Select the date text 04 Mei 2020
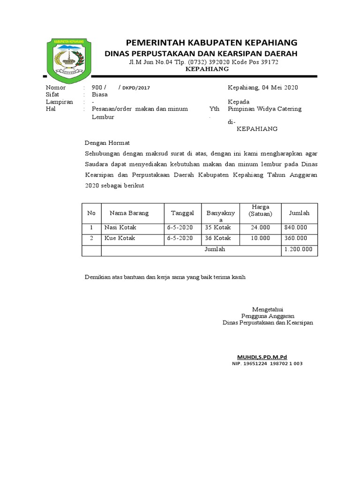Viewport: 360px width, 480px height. (x=280, y=87)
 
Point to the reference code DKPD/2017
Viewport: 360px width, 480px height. (x=136, y=88)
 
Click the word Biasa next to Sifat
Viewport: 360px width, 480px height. (x=100, y=94)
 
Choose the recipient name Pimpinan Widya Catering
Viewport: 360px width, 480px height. (x=264, y=109)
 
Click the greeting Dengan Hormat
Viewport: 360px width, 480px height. (x=107, y=142)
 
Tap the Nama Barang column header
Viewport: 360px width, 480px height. (x=129, y=213)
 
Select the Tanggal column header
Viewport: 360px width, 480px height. (x=182, y=213)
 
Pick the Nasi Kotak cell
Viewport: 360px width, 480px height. (x=120, y=227)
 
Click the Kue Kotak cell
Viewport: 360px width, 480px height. (x=120, y=238)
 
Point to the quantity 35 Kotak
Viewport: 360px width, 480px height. (x=218, y=227)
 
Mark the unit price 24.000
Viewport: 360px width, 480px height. (x=261, y=227)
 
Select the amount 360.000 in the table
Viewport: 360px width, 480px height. (x=296, y=238)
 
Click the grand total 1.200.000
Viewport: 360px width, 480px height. (x=298, y=249)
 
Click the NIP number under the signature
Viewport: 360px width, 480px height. (x=267, y=364)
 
